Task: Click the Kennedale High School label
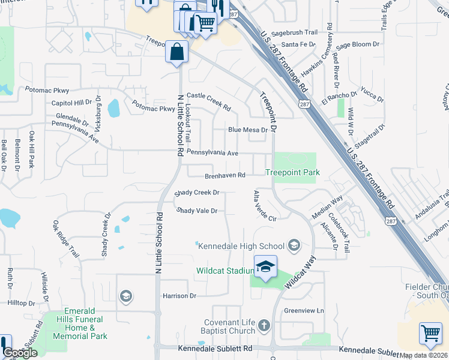coord(241,246)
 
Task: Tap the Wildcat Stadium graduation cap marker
coord(265,267)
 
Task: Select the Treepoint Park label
coord(292,173)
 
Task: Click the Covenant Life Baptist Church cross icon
coord(264,326)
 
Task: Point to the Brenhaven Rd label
coord(225,176)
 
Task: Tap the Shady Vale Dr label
coord(197,211)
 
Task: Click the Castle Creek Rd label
coord(209,102)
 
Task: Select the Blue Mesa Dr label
coord(247,130)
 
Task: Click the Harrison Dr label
coord(179,296)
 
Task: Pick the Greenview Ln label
coord(304,311)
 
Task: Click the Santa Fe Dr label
coord(298,44)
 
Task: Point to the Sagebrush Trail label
coord(294,33)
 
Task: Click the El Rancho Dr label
coord(340,98)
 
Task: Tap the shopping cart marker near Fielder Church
coord(430,333)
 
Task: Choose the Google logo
coord(20,353)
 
